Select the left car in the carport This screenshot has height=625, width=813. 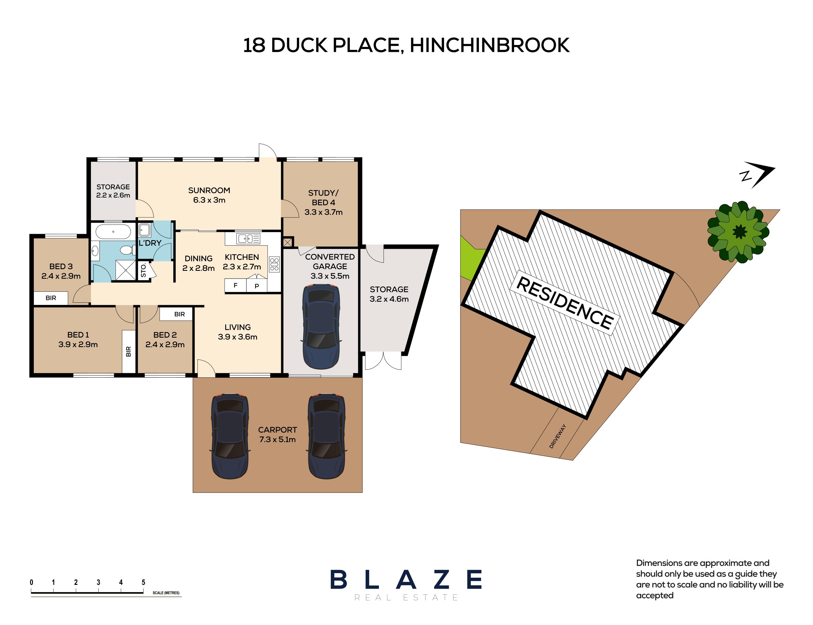[230, 436]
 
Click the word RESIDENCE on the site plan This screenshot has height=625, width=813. [565, 303]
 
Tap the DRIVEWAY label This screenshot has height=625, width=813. [557, 436]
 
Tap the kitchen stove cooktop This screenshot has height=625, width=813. [274, 264]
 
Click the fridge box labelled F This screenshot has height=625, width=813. [235, 286]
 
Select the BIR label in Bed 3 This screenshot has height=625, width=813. [51, 298]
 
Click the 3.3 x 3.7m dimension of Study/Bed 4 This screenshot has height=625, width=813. [323, 212]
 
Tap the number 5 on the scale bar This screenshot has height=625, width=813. [143, 582]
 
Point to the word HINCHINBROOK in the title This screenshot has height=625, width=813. [489, 45]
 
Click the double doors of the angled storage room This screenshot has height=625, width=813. [383, 361]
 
